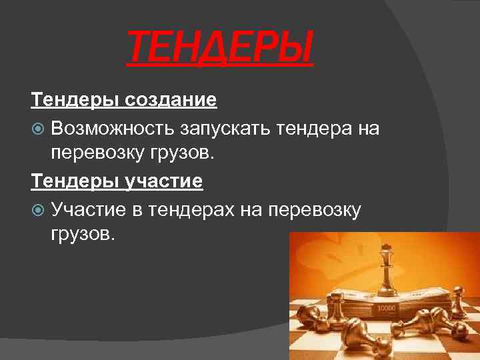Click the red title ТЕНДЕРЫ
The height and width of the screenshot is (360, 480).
pos(219,49)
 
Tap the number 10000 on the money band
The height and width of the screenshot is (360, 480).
pos(387,309)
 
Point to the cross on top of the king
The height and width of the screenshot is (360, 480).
pos(385,247)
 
